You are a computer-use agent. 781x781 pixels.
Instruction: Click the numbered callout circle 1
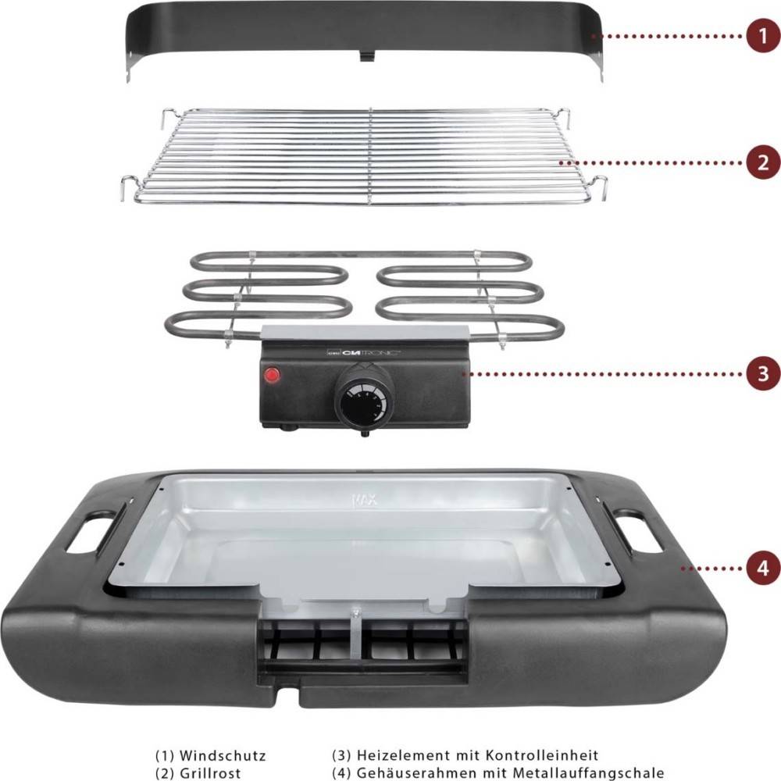[761, 36]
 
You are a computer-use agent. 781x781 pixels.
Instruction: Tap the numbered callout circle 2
[761, 162]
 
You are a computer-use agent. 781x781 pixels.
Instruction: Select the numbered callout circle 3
[761, 374]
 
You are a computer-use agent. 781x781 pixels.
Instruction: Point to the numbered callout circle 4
[761, 568]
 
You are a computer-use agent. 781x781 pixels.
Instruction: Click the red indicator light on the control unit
[272, 374]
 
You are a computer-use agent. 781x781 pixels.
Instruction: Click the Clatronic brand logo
[367, 353]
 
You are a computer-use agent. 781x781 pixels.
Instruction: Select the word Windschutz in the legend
[223, 756]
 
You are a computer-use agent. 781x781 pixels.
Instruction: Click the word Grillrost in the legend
[209, 773]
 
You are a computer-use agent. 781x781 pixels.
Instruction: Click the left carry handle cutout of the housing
[91, 533]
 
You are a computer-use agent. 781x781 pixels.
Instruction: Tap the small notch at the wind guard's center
[366, 56]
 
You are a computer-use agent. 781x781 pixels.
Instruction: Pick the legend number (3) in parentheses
[341, 756]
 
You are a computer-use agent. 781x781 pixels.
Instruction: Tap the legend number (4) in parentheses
[341, 773]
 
